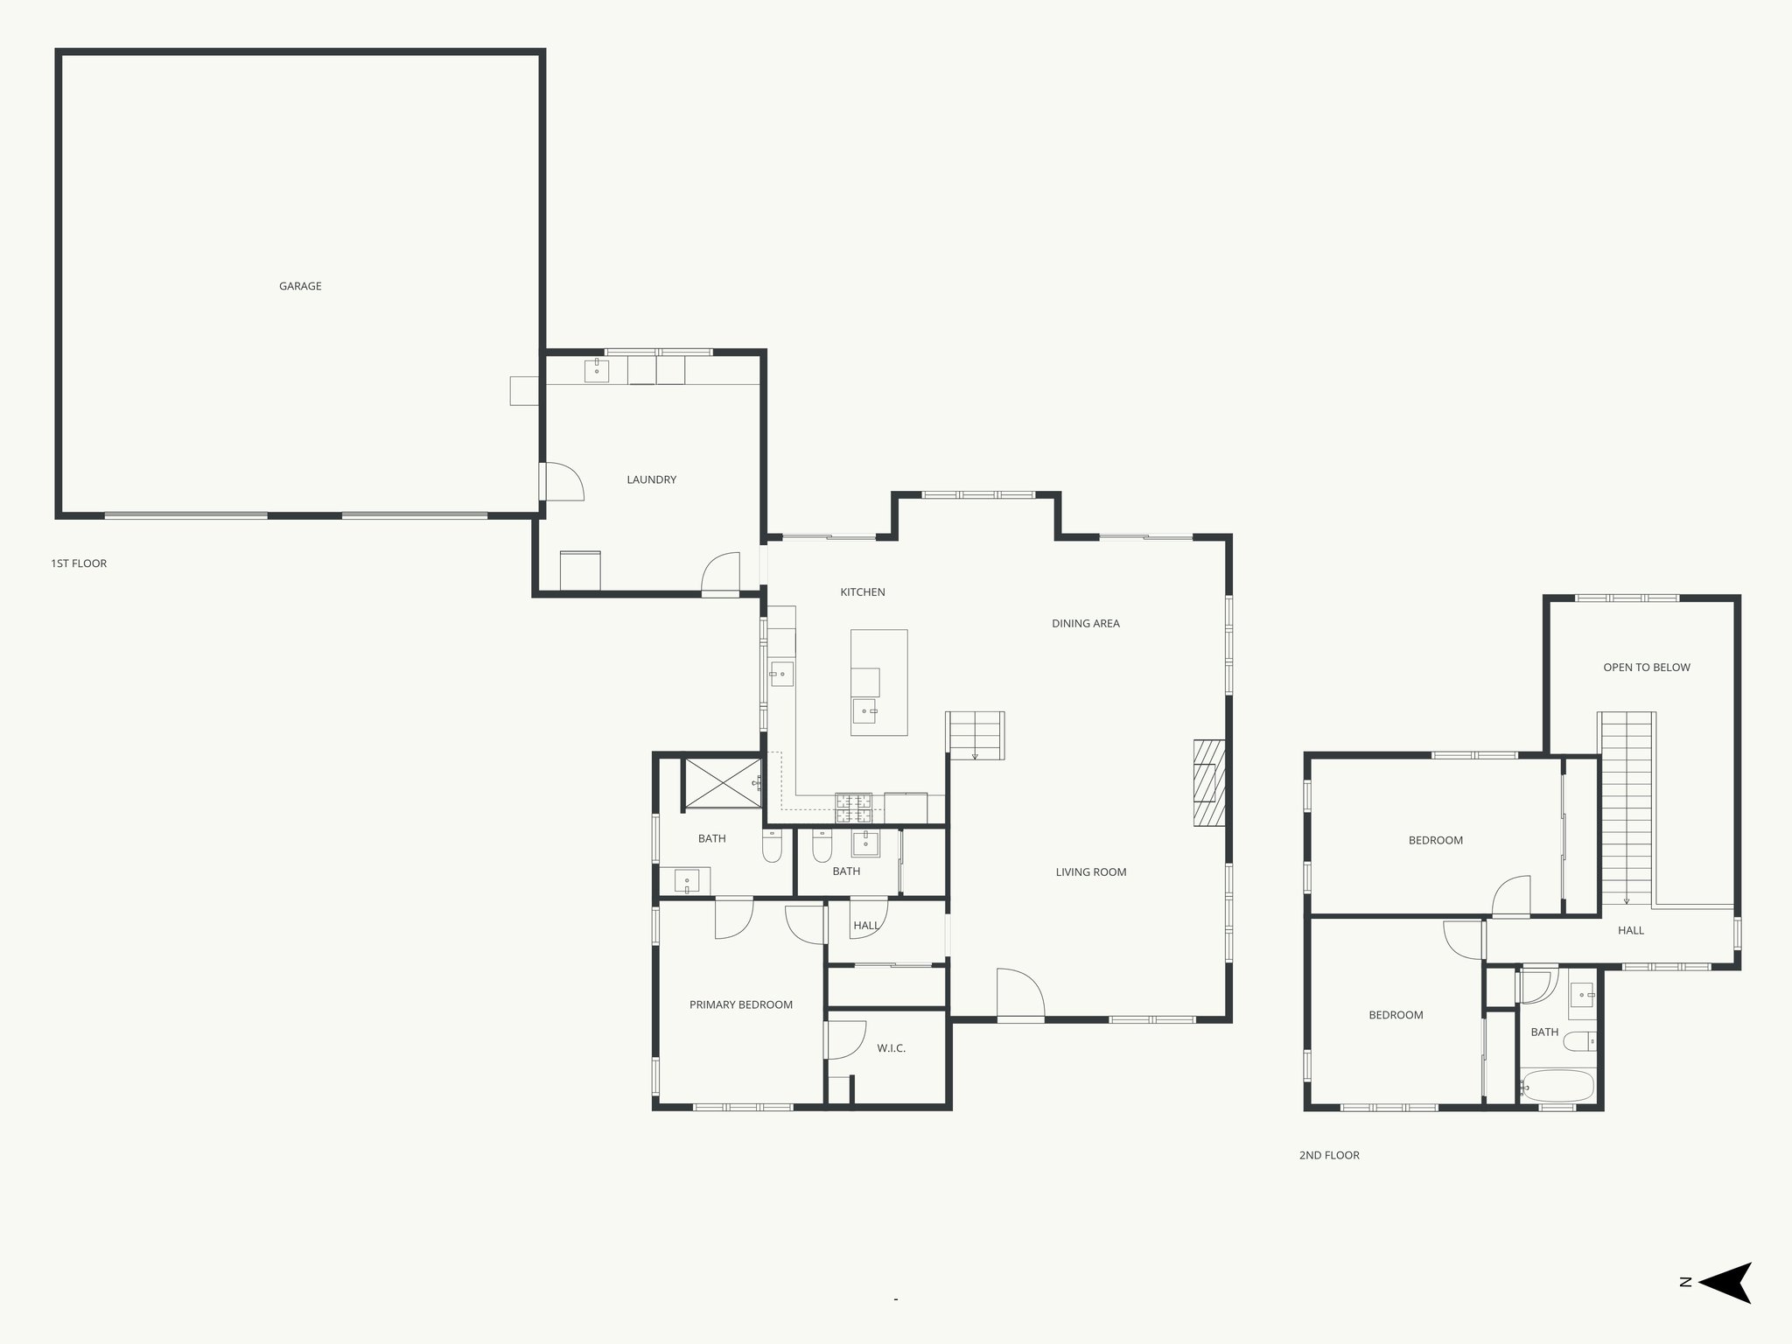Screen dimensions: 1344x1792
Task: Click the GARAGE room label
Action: click(300, 286)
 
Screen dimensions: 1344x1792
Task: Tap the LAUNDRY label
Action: click(651, 479)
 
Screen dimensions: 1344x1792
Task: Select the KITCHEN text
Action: click(863, 592)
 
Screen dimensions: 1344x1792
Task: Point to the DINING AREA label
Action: click(1085, 624)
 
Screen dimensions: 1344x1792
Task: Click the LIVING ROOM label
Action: click(1090, 872)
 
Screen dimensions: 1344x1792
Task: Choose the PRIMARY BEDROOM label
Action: click(740, 1004)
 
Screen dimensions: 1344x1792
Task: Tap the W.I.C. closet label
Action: click(891, 1048)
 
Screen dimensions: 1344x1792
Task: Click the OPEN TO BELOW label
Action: click(1646, 668)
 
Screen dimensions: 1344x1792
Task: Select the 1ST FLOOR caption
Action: click(79, 563)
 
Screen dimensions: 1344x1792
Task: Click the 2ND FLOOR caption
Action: click(1328, 1156)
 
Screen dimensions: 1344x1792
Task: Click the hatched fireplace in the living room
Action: click(1208, 783)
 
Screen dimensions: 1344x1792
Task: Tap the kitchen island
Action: click(878, 682)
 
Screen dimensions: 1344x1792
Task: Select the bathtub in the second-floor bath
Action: click(1557, 1086)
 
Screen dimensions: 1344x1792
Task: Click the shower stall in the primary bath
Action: click(722, 783)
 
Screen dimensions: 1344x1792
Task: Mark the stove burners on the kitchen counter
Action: click(853, 808)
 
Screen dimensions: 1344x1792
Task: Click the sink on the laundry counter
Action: click(597, 370)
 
